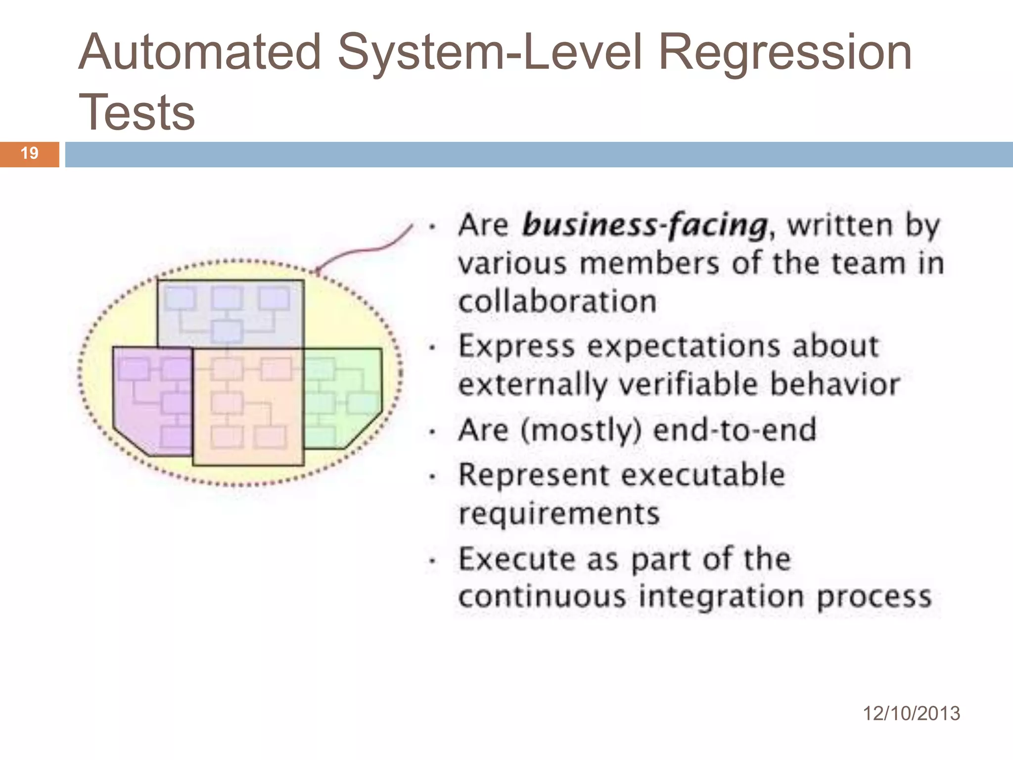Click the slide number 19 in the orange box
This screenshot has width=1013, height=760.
pyautogui.click(x=30, y=153)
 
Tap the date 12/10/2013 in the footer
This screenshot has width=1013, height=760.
pyautogui.click(x=911, y=713)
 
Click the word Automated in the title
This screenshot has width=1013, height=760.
pyautogui.click(x=200, y=52)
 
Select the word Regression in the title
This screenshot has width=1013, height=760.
pyautogui.click(x=785, y=52)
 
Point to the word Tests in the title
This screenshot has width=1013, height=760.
pyautogui.click(x=137, y=113)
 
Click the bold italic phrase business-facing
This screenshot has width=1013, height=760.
pyautogui.click(x=645, y=225)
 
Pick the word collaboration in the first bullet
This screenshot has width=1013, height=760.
pyautogui.click(x=557, y=301)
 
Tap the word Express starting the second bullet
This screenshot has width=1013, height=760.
pyautogui.click(x=516, y=346)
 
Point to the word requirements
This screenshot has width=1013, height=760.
pyautogui.click(x=559, y=513)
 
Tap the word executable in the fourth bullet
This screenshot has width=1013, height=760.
pyautogui.click(x=703, y=475)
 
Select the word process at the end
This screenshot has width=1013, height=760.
pyautogui.click(x=874, y=597)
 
